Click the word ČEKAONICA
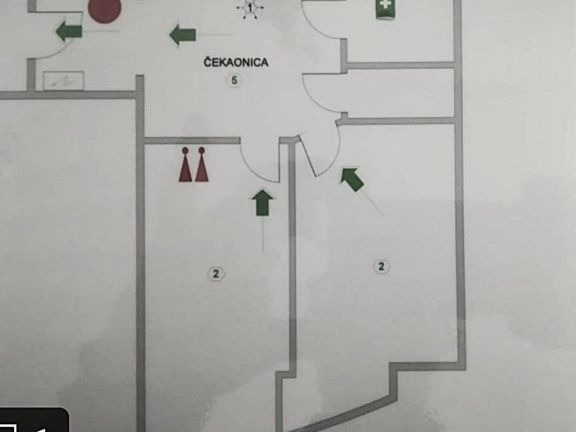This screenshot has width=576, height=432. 236,62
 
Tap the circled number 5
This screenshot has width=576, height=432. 235,80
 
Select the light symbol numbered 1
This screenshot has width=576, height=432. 250,7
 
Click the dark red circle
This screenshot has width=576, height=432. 105,10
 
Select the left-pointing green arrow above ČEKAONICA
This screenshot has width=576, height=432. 183,35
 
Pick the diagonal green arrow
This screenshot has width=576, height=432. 352,179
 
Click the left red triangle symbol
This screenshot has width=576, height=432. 185,165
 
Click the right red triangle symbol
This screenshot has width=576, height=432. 201,165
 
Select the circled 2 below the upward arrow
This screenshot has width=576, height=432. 215,274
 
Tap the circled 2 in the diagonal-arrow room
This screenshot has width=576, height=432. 381,266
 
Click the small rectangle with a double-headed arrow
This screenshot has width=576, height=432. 64,80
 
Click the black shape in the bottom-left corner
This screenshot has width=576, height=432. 34,421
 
